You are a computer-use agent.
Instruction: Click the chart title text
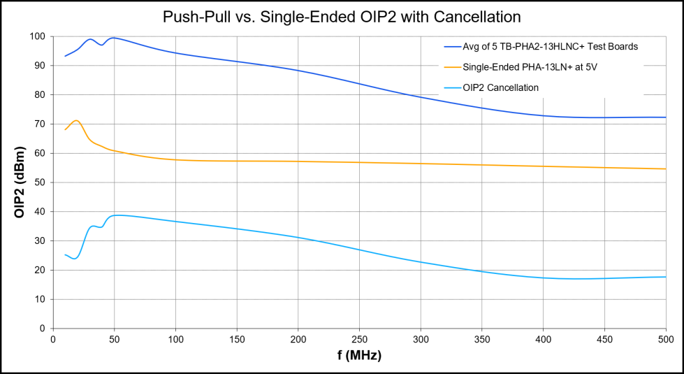tap(342, 15)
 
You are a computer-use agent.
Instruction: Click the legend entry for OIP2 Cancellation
tap(500, 87)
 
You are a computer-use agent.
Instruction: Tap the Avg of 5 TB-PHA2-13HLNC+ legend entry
tap(551, 47)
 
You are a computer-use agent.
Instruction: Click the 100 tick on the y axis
tap(38, 36)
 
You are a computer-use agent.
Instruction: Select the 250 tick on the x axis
tap(359, 340)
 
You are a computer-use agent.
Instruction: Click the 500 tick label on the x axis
tap(665, 340)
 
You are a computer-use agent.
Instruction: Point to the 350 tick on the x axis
tap(481, 340)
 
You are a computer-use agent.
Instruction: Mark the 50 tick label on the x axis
tap(115, 340)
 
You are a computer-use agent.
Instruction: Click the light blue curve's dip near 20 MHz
tap(75, 258)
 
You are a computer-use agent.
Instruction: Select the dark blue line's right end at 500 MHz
tap(665, 117)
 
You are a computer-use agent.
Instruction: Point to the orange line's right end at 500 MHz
tap(665, 168)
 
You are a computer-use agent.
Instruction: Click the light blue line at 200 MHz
tap(298, 238)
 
